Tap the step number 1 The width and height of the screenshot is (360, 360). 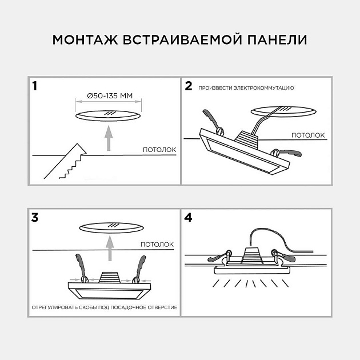[x=35, y=87]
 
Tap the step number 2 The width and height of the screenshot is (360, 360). [x=189, y=87]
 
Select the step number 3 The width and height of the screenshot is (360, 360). [x=35, y=218]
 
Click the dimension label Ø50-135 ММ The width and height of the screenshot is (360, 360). [x=108, y=95]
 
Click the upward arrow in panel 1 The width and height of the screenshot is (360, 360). [x=108, y=138]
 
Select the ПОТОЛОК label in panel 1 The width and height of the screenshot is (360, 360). [x=159, y=150]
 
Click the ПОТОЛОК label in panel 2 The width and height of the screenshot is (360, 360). [x=309, y=135]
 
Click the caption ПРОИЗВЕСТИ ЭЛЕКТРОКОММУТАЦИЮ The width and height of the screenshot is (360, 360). [x=246, y=89]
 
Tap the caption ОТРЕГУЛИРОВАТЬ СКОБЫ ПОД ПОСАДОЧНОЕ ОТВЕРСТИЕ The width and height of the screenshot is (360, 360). [x=104, y=307]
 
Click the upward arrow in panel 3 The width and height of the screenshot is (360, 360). [x=108, y=247]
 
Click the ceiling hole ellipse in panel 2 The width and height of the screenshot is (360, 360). [x=283, y=110]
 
